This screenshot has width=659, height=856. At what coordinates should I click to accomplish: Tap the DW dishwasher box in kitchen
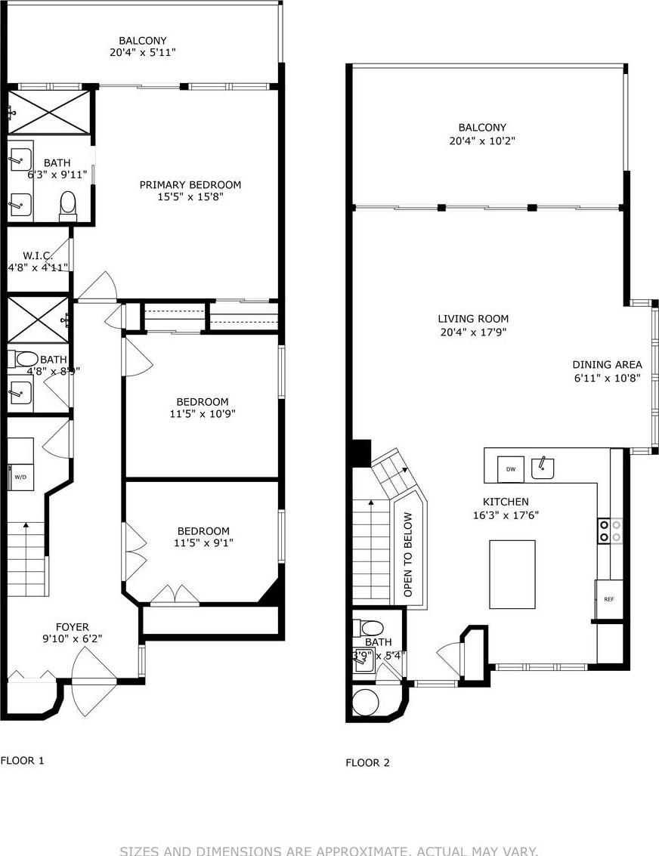tap(511, 469)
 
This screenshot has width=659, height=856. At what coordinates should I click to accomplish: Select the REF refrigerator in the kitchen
tap(609, 598)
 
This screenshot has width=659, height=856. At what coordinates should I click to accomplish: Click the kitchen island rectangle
tap(512, 574)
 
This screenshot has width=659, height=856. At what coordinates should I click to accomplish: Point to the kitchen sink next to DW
tap(543, 468)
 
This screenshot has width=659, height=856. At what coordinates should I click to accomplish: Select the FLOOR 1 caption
tap(23, 760)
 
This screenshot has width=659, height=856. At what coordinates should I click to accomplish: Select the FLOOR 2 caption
tap(368, 762)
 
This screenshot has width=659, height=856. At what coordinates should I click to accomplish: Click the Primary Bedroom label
tap(190, 184)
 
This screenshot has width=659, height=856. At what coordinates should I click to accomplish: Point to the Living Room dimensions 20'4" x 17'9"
tap(473, 332)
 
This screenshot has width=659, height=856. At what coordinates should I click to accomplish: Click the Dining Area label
tap(607, 364)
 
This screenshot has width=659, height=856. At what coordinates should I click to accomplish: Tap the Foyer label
tap(73, 626)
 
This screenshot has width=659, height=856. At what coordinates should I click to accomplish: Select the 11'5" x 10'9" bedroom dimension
tap(203, 413)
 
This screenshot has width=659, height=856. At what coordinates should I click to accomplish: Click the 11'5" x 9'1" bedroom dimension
tap(203, 542)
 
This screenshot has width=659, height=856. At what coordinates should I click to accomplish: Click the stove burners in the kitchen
tap(610, 530)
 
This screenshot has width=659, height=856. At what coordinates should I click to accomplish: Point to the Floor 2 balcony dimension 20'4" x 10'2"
tap(482, 141)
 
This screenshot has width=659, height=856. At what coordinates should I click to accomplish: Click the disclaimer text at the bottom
tap(329, 851)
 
